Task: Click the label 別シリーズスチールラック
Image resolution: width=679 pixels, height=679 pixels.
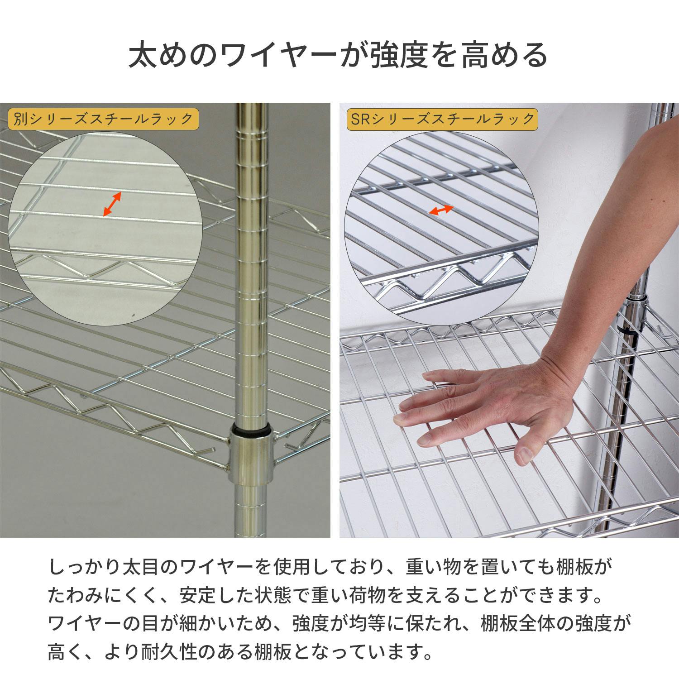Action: pos(103,120)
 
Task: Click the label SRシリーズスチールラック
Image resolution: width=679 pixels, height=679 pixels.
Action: pos(442,120)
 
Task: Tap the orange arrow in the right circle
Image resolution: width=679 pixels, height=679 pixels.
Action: pos(441,210)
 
